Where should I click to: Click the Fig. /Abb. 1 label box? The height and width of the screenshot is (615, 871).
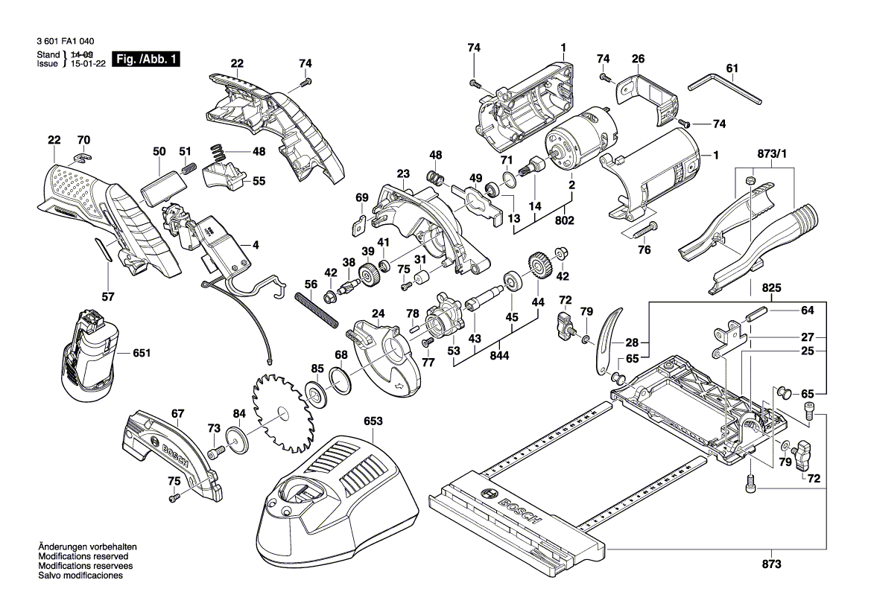146,60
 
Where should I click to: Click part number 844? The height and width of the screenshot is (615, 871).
499,357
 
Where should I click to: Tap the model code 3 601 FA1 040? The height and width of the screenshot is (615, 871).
65,43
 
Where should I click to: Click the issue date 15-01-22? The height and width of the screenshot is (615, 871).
87,64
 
